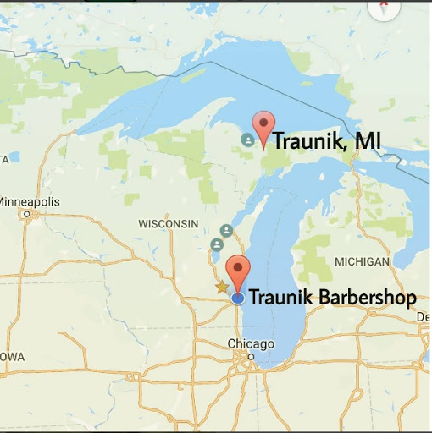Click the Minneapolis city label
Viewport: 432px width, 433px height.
coord(30,202)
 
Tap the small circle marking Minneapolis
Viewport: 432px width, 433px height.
coord(27,214)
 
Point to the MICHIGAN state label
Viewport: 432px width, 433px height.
coord(362,261)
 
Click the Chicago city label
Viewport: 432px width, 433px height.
coord(252,343)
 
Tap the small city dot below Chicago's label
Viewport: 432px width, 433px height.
coord(251,355)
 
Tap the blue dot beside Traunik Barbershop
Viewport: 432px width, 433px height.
coord(238,298)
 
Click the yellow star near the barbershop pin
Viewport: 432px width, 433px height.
coord(222,287)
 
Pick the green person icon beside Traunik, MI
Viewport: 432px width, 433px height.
coord(247,140)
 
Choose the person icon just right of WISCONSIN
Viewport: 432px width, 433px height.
coord(226,231)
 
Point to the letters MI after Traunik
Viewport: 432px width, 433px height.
coord(367,141)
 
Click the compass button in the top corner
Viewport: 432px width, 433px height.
coord(384,7)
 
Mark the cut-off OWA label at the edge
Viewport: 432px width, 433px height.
coord(11,356)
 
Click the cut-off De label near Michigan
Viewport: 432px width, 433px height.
coord(423,316)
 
